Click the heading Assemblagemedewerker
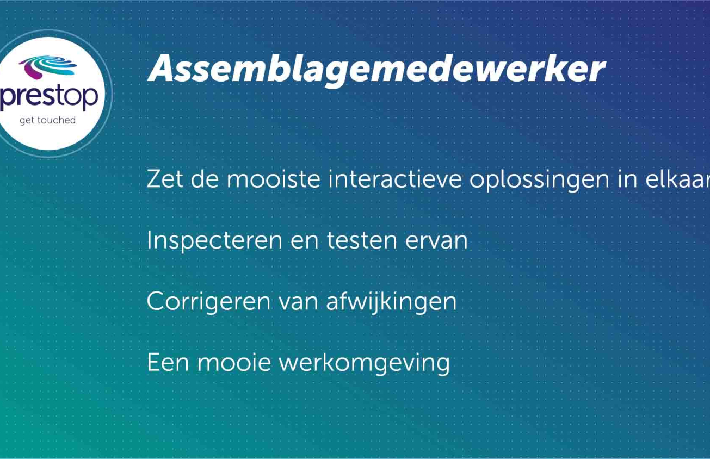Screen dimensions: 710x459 click(377, 70)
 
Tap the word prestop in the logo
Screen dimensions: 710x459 click(49, 96)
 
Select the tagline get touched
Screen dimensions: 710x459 click(47, 121)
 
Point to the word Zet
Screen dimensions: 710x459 click(165, 179)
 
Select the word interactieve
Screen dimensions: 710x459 click(394, 179)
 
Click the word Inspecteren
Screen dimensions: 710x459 click(214, 241)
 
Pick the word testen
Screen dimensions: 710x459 click(362, 241)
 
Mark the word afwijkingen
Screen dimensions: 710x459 click(391, 302)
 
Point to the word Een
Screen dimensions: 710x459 click(168, 363)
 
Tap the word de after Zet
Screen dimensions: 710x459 click(205, 179)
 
